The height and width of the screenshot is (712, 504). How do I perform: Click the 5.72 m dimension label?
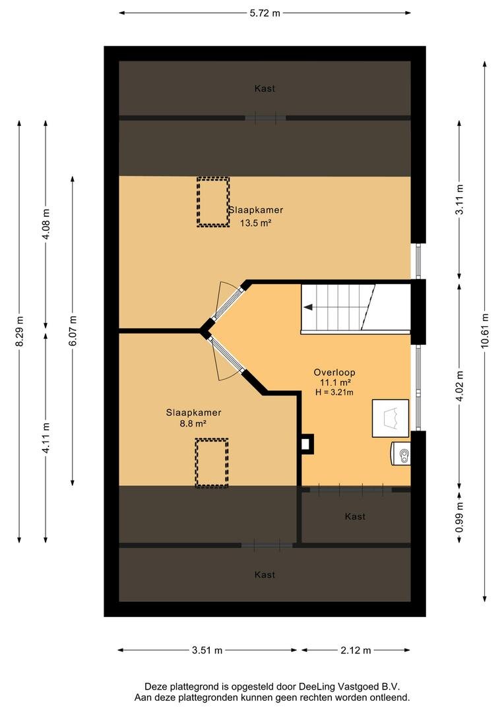pyautogui.click(x=265, y=13)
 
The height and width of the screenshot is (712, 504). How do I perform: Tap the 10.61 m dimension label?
pyautogui.click(x=485, y=331)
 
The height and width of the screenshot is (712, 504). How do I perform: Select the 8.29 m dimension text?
pyautogui.click(x=19, y=331)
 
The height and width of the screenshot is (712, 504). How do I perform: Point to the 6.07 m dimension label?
pyautogui.click(x=73, y=330)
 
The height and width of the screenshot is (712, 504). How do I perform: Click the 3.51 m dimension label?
pyautogui.click(x=207, y=650)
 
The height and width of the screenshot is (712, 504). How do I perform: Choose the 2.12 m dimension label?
pyautogui.click(x=356, y=650)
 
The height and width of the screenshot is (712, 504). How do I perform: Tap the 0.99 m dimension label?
pyautogui.click(x=459, y=518)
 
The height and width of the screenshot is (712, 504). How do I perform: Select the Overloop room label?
pyautogui.click(x=334, y=372)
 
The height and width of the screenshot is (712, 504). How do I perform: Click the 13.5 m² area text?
pyautogui.click(x=255, y=223)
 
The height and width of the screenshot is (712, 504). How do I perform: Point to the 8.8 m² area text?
pyautogui.click(x=193, y=424)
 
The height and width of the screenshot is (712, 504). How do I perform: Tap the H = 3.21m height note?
pyautogui.click(x=334, y=392)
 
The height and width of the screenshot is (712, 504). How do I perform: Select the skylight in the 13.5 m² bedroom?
pyautogui.click(x=212, y=202)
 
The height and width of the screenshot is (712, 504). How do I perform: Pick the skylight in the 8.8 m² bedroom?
pyautogui.click(x=212, y=463)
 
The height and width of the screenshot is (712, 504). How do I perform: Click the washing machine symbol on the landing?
pyautogui.click(x=401, y=454)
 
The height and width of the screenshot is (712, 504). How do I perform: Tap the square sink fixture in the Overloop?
pyautogui.click(x=391, y=418)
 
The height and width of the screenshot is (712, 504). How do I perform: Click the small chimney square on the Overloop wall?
pyautogui.click(x=306, y=444)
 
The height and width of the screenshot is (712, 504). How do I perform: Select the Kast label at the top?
pyautogui.click(x=265, y=88)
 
